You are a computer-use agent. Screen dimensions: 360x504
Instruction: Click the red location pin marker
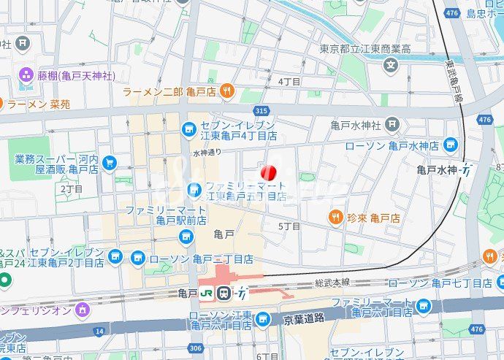coord(269,173)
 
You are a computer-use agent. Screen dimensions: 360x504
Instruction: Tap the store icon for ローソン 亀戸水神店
coord(451,145)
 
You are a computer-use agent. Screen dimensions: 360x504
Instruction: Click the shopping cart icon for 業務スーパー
coord(110,163)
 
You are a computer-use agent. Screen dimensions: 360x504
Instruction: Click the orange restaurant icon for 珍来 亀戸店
coord(336,217)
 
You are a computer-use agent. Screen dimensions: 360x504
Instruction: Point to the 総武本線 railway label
coord(332,282)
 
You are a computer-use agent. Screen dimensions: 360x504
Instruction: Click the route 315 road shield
coord(261,110)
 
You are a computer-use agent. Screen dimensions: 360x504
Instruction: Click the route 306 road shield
coord(194,348)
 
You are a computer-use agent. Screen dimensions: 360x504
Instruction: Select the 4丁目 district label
coord(289,82)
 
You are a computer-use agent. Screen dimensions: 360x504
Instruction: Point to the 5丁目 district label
coord(289,226)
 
